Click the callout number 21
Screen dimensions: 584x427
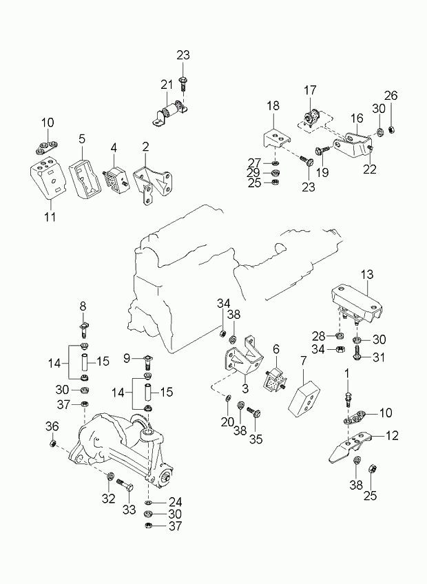point(167,84)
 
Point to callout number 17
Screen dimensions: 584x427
point(310,90)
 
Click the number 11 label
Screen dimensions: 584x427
point(47,205)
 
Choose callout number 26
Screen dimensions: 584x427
point(390,95)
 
